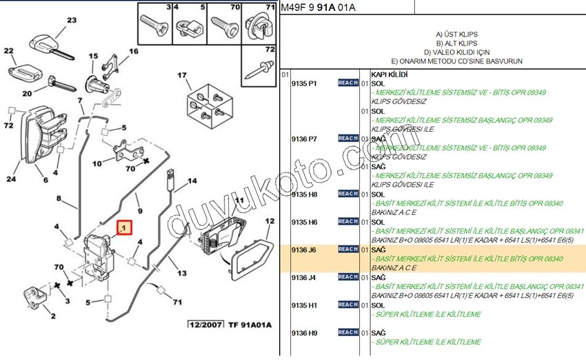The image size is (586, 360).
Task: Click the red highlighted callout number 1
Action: point(124,227)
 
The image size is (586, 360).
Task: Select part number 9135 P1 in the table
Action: point(304,83)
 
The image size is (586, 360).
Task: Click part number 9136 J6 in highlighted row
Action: point(304,250)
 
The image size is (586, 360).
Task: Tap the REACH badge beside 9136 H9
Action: point(347,332)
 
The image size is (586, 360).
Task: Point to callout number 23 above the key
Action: point(72,21)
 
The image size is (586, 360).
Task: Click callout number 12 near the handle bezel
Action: point(270,221)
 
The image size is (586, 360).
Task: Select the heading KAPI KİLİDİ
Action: point(390,74)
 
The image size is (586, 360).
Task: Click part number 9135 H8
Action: point(304,194)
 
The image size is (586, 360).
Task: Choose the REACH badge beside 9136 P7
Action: point(347,139)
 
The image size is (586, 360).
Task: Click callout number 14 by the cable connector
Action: point(192,181)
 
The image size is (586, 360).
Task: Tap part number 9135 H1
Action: point(304,305)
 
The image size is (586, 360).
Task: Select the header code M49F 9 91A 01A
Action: point(318,8)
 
